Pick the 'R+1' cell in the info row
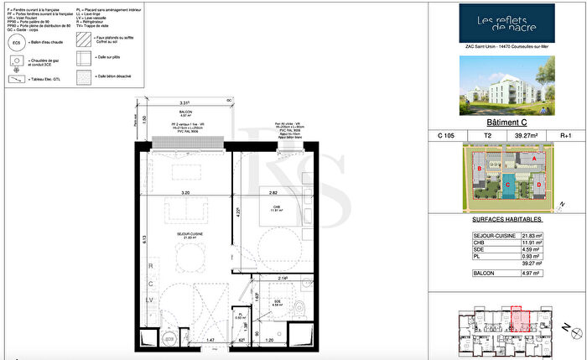pos(564,135)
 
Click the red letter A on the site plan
pos(533,158)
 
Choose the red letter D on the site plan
pos(539,184)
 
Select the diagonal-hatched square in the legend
pos(82,41)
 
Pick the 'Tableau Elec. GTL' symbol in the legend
pos(16,81)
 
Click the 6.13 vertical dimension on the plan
pos(145,240)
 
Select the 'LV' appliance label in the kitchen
pos(150,299)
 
